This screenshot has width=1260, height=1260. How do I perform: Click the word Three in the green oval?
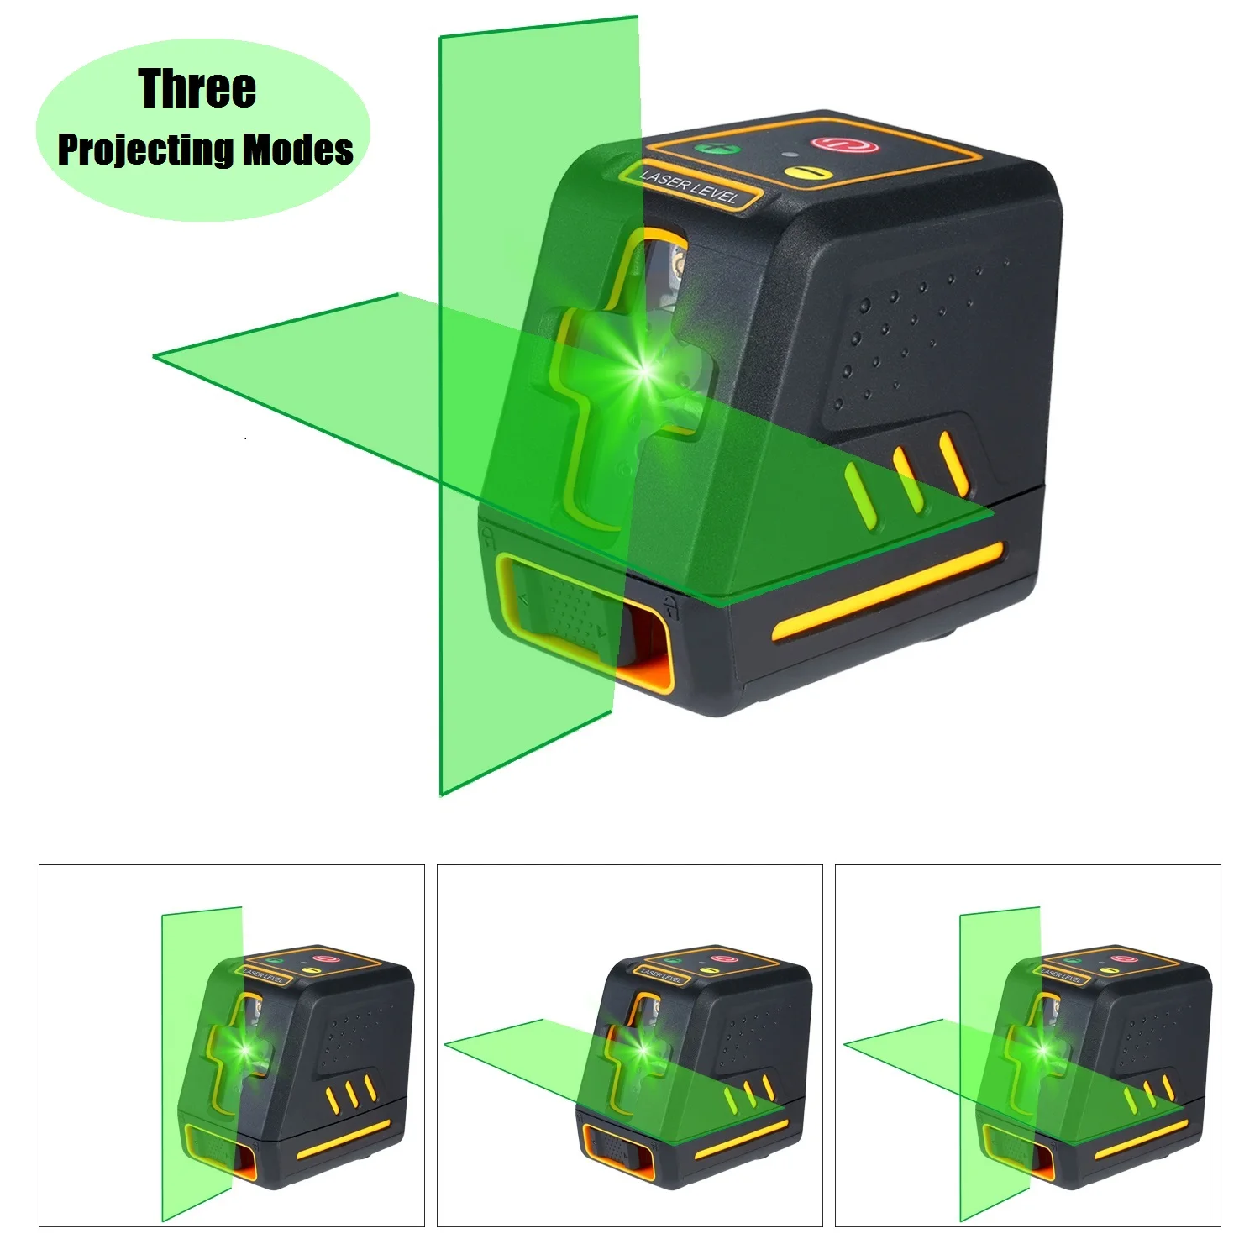(x=197, y=89)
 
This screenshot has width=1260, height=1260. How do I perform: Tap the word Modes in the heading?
(x=298, y=150)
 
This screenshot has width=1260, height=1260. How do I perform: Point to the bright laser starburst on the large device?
(x=645, y=370)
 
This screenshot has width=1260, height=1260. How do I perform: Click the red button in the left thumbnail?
(x=324, y=958)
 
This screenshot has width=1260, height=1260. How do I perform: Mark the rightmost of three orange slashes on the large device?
(x=953, y=464)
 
